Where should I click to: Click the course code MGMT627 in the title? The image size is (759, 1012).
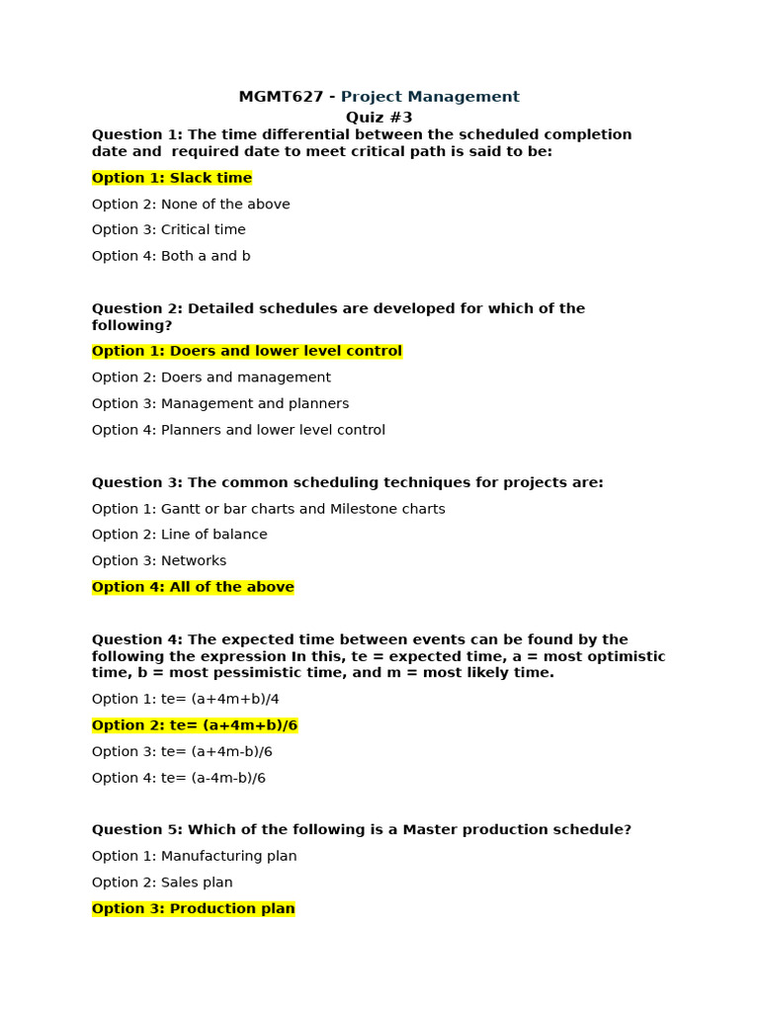(281, 97)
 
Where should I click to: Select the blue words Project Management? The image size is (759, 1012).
(430, 97)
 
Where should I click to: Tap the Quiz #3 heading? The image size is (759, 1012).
(379, 118)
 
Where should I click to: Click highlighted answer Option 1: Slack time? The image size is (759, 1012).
(172, 178)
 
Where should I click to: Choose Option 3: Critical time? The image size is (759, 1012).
(169, 230)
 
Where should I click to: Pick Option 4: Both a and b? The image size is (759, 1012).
(171, 256)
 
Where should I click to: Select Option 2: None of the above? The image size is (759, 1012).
(191, 205)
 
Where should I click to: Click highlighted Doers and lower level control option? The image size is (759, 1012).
(247, 351)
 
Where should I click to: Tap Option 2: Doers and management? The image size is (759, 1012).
(211, 378)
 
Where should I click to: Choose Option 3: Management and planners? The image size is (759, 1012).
(220, 403)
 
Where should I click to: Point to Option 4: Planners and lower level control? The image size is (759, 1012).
(238, 430)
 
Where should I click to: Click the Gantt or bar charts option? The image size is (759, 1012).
(269, 509)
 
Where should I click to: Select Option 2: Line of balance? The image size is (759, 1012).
(180, 535)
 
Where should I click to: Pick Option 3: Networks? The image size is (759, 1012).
(159, 561)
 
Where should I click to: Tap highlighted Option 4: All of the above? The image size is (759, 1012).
(193, 587)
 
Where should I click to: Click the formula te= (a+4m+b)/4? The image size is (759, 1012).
(186, 699)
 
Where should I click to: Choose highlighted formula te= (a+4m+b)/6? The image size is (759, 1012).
(195, 725)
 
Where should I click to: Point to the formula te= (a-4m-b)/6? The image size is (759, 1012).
(179, 778)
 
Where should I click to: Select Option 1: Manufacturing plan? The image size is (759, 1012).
(195, 856)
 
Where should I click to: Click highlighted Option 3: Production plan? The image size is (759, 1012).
(194, 908)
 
